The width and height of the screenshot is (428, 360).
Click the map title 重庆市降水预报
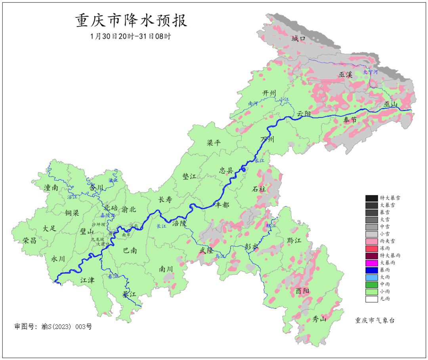(131, 21)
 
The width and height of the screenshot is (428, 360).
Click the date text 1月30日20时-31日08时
(131, 36)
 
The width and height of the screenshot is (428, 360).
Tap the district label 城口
(298, 38)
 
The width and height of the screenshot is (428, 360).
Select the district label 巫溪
(345, 75)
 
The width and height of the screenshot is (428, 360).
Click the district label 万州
(267, 140)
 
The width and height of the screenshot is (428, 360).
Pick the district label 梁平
(214, 143)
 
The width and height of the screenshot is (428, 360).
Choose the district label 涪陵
(179, 223)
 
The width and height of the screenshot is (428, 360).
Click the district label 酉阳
(302, 291)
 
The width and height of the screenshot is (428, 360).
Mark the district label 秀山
(319, 319)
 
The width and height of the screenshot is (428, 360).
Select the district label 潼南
(51, 188)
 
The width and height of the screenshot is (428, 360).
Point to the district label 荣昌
(29, 240)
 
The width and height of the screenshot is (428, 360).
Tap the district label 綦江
(129, 294)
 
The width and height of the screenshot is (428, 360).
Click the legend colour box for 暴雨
(371, 270)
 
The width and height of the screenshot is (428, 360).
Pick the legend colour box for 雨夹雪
(371, 241)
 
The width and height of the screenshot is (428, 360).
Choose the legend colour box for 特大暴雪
(371, 198)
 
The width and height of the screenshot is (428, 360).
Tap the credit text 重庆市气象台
(374, 320)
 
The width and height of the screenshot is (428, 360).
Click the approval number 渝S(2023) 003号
(53, 327)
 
